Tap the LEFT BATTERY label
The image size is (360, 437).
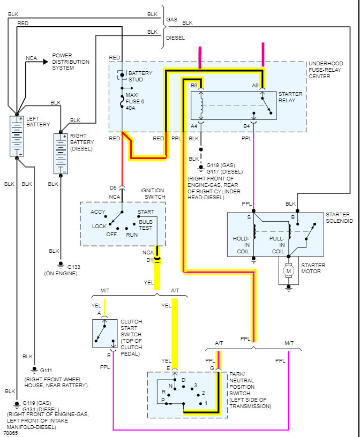(x=38, y=121)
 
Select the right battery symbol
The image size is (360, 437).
(x=61, y=153)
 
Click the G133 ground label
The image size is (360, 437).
(x=72, y=266)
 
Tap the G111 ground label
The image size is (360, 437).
(x=47, y=370)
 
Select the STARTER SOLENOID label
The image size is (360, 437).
(x=339, y=217)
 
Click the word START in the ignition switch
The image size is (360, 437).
(x=146, y=212)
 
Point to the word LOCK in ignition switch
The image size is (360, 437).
(x=99, y=226)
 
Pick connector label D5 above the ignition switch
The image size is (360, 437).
(x=113, y=187)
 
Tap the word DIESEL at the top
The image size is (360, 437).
(x=176, y=38)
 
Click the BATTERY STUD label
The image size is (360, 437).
(x=140, y=76)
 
